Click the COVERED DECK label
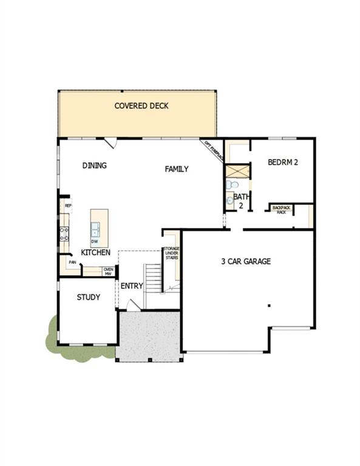[x=141, y=106]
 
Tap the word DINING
[x=95, y=165]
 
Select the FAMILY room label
[x=177, y=169]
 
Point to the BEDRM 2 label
[x=282, y=162]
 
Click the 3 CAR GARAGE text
[x=245, y=262]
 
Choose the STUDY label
[x=88, y=297]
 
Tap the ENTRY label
[x=132, y=286]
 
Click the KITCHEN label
[x=96, y=252]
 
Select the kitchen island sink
[x=96, y=228]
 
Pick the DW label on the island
[x=95, y=241]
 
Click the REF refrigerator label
[x=68, y=206]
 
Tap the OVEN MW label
[x=108, y=271]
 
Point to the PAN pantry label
[x=72, y=263]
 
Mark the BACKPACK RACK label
[x=281, y=209]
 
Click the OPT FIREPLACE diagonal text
[x=213, y=149]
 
